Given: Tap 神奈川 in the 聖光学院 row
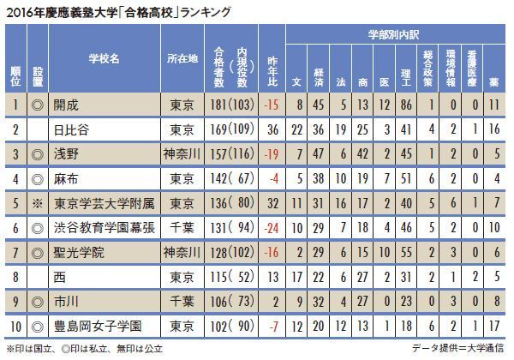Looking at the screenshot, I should click(181, 254).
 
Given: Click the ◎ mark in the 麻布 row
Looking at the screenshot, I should click(38, 179).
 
